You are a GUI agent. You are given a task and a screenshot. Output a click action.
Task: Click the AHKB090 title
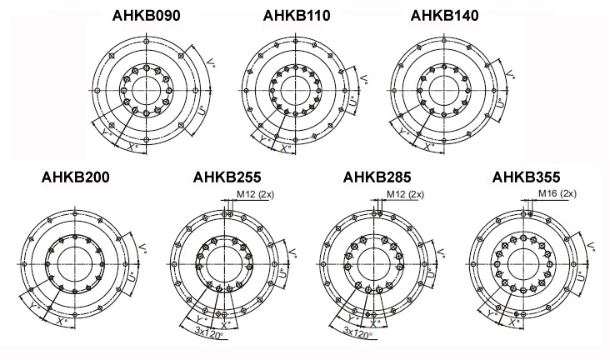point(147,16)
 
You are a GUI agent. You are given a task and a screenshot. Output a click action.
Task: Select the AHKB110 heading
point(297,16)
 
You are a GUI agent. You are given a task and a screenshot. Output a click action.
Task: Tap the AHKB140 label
point(444,16)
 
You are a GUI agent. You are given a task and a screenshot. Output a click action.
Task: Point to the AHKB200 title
point(76,177)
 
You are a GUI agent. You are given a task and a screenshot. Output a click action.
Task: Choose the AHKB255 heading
point(227,177)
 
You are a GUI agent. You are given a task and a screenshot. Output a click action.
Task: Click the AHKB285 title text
point(377,177)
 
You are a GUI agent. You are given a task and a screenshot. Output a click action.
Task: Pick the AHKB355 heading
point(527,177)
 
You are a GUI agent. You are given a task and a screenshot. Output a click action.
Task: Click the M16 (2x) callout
point(557,193)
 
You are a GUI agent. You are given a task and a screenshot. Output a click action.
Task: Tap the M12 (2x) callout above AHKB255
point(255,194)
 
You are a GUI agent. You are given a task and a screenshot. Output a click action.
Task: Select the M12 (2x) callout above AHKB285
point(405,194)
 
